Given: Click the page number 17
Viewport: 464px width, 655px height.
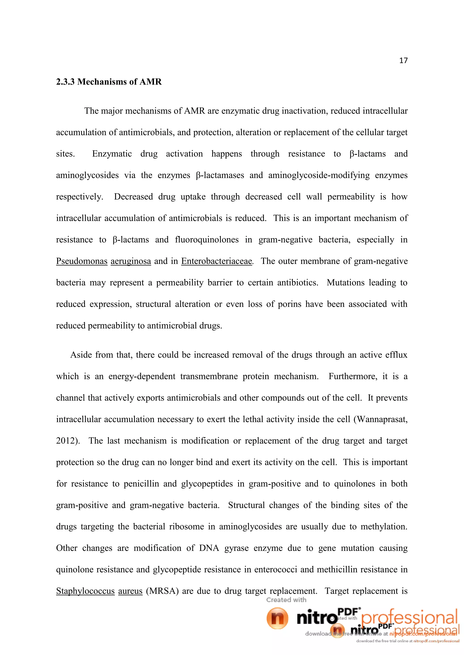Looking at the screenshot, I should pyautogui.click(x=403, y=60).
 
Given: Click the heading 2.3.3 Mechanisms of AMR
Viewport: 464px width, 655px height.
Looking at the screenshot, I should pyautogui.click(x=109, y=82).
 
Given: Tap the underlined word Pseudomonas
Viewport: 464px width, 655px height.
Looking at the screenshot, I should pyautogui.click(x=82, y=261).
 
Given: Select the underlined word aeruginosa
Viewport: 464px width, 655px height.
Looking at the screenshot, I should pyautogui.click(x=130, y=261).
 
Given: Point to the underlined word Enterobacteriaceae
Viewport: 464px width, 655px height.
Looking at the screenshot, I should pyautogui.click(x=217, y=261).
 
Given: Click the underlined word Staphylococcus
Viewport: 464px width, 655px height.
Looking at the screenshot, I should pyautogui.click(x=85, y=591).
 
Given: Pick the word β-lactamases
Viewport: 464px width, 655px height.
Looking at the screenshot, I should pyautogui.click(x=220, y=175).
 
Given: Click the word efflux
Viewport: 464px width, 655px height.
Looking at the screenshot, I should pyautogui.click(x=396, y=355).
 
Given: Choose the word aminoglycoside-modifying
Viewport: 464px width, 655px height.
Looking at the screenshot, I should pyautogui.click(x=319, y=175).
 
